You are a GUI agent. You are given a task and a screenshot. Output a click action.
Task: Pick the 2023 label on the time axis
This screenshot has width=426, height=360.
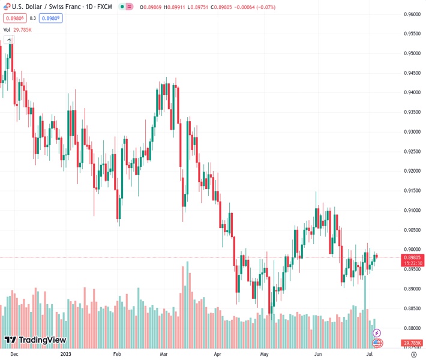point(67,354)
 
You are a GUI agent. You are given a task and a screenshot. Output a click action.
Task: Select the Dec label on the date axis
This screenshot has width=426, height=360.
point(14,354)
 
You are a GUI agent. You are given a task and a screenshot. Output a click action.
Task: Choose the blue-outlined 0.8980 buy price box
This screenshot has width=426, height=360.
point(52,18)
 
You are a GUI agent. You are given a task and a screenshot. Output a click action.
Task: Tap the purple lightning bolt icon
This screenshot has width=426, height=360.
point(377,332)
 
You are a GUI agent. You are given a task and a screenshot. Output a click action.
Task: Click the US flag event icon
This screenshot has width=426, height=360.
point(377,343)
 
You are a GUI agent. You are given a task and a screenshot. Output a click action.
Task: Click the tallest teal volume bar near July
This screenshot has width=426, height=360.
point(365,306)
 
